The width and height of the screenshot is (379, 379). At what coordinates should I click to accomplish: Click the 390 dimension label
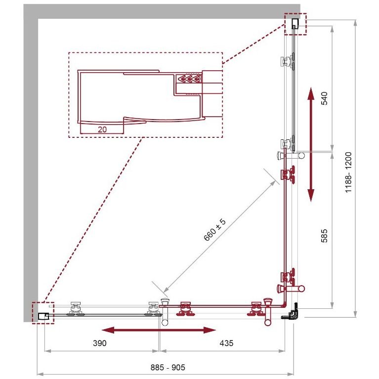[100, 343]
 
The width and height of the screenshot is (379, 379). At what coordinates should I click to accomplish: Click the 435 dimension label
[226, 343]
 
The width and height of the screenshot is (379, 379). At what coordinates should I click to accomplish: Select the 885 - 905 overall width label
[168, 368]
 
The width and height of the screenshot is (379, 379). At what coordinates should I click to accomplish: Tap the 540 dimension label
[324, 98]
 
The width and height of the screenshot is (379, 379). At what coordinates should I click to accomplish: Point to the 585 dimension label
[324, 236]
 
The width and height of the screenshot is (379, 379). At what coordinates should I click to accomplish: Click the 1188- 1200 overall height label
[348, 172]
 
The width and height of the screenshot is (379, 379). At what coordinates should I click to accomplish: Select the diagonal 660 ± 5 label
[214, 230]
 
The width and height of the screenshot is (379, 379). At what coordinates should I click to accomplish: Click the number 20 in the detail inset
[102, 129]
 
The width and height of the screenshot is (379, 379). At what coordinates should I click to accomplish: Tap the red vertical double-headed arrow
[311, 144]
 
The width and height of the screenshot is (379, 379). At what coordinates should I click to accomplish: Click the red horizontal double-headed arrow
[159, 330]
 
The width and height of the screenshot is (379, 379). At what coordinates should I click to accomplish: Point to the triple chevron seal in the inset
[189, 78]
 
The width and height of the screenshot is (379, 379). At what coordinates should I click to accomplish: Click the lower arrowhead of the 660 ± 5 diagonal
[167, 290]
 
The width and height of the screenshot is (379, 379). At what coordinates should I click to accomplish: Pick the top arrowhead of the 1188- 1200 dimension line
[355, 23]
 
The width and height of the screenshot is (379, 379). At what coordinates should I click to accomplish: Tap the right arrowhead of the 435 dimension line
[282, 351]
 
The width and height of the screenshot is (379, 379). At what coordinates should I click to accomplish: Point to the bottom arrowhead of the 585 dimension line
[332, 305]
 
